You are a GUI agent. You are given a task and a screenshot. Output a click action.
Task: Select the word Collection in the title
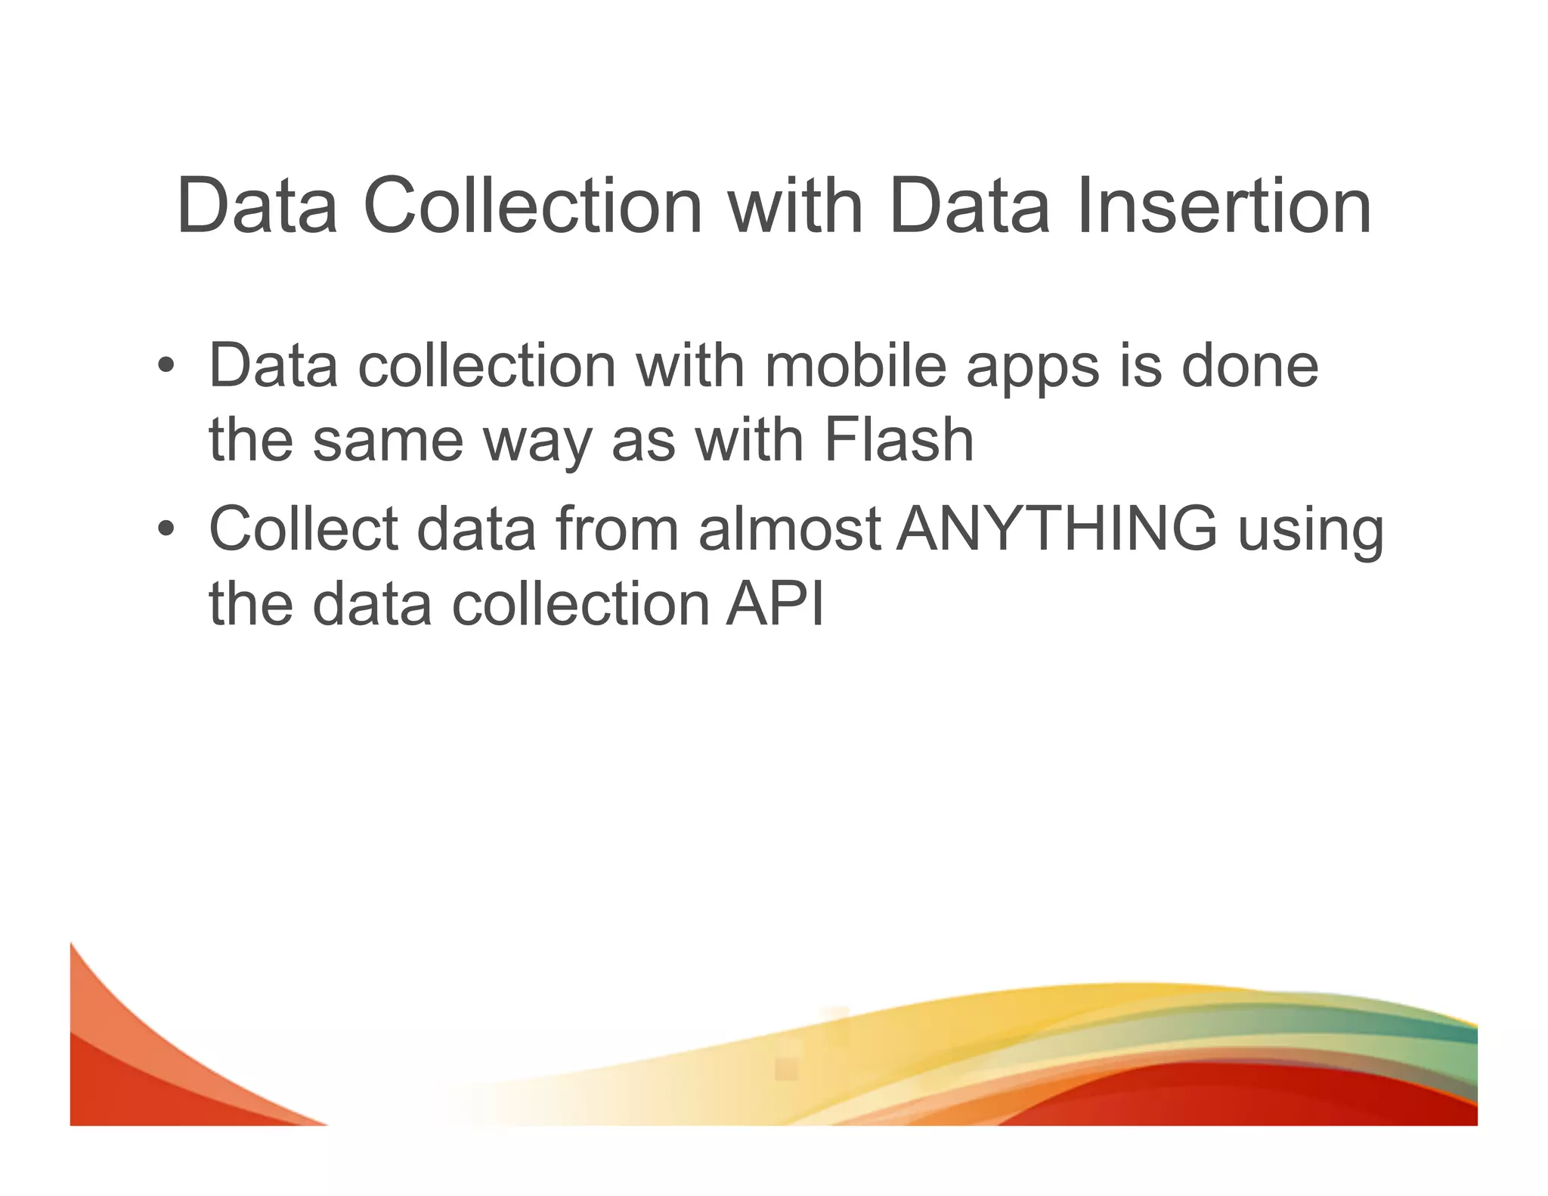(533, 206)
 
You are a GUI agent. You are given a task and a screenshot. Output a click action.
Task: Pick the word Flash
(899, 440)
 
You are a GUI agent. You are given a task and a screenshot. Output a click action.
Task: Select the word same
(388, 442)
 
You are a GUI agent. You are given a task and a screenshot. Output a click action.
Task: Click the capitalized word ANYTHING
(1057, 528)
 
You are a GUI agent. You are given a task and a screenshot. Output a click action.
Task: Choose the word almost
(789, 528)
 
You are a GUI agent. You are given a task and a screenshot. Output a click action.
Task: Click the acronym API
(775, 604)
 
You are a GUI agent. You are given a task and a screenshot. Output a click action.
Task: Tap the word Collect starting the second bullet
(303, 528)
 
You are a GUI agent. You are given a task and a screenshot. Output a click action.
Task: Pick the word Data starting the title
(257, 206)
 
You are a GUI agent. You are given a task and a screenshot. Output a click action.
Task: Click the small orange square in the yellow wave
(786, 1068)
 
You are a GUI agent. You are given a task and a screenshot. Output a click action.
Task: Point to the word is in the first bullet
(1140, 367)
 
